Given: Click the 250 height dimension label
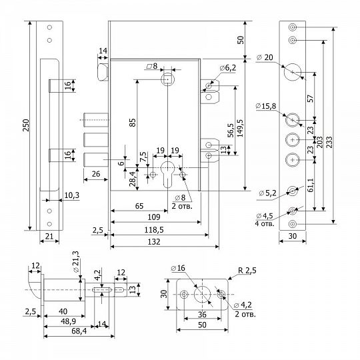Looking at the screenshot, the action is pyautogui.click(x=26, y=125).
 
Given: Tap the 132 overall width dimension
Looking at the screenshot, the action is pyautogui.click(x=154, y=241).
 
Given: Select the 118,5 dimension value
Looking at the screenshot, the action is pyautogui.click(x=154, y=230).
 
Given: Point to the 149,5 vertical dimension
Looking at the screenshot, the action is pyautogui.click(x=240, y=129).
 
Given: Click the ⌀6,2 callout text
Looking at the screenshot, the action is pyautogui.click(x=227, y=68).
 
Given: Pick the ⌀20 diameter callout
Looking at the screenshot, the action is pyautogui.click(x=265, y=57).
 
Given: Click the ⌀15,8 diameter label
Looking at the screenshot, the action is pyautogui.click(x=265, y=106).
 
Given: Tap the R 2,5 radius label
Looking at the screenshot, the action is pyautogui.click(x=247, y=271).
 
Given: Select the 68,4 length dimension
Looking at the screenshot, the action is pyautogui.click(x=79, y=331).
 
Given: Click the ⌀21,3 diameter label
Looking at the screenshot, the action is pyautogui.click(x=76, y=261).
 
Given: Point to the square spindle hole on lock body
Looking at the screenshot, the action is pyautogui.click(x=168, y=79).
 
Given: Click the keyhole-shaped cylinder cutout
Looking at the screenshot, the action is pyautogui.click(x=167, y=174).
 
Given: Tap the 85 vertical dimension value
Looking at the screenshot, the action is pyautogui.click(x=133, y=123).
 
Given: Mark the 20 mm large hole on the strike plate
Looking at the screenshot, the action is pyautogui.click(x=292, y=72).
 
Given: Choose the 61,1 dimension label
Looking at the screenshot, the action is pyautogui.click(x=311, y=185).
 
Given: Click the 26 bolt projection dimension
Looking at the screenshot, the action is pyautogui.click(x=96, y=174).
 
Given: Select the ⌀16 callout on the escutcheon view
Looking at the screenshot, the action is pyautogui.click(x=178, y=268).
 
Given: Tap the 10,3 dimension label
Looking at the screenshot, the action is pyautogui.click(x=71, y=195).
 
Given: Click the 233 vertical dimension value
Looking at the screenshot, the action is pyautogui.click(x=329, y=142).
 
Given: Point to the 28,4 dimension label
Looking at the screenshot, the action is pyautogui.click(x=133, y=179).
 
